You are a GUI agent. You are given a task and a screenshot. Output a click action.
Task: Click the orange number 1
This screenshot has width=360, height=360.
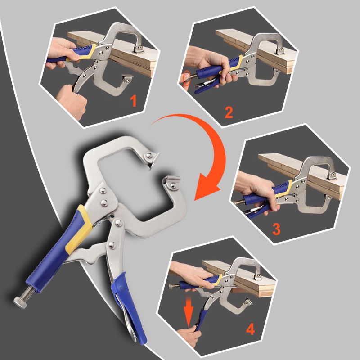click(x=133, y=101)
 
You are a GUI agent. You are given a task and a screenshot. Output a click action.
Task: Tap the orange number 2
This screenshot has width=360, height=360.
click(x=229, y=112)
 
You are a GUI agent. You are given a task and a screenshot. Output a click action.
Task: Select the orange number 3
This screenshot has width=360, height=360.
click(x=276, y=229)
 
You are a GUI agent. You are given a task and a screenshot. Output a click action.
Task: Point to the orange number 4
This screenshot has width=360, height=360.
click(x=250, y=329)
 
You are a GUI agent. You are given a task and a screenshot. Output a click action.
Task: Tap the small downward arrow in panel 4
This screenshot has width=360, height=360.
click(x=189, y=311)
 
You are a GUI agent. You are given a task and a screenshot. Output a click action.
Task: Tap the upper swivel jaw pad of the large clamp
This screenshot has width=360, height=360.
click(x=152, y=158)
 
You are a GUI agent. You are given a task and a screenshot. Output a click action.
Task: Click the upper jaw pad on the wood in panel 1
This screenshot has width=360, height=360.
click(x=139, y=49)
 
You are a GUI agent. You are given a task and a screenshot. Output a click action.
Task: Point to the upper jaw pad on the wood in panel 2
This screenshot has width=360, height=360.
click(x=280, y=50)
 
